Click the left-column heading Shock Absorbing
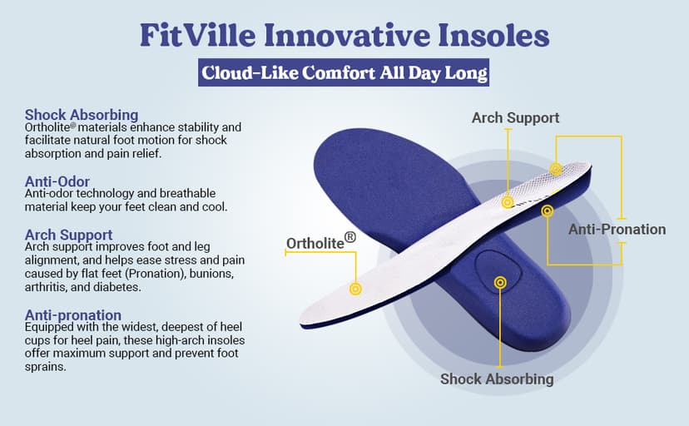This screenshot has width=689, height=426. (x=82, y=114)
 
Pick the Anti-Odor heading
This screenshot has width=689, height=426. (x=57, y=181)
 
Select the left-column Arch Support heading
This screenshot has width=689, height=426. (x=69, y=235)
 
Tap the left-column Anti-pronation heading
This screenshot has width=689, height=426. (x=73, y=315)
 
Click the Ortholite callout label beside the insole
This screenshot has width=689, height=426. (x=315, y=243)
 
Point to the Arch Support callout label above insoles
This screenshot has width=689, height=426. (x=515, y=117)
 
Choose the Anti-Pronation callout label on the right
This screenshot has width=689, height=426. (x=617, y=229)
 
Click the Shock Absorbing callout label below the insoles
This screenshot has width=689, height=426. (x=497, y=379)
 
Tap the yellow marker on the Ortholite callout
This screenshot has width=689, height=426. (x=356, y=289)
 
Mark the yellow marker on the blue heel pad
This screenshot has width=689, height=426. (x=499, y=283)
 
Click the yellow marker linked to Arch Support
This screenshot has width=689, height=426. (x=507, y=201)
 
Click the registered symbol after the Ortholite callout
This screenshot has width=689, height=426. (x=350, y=237)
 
